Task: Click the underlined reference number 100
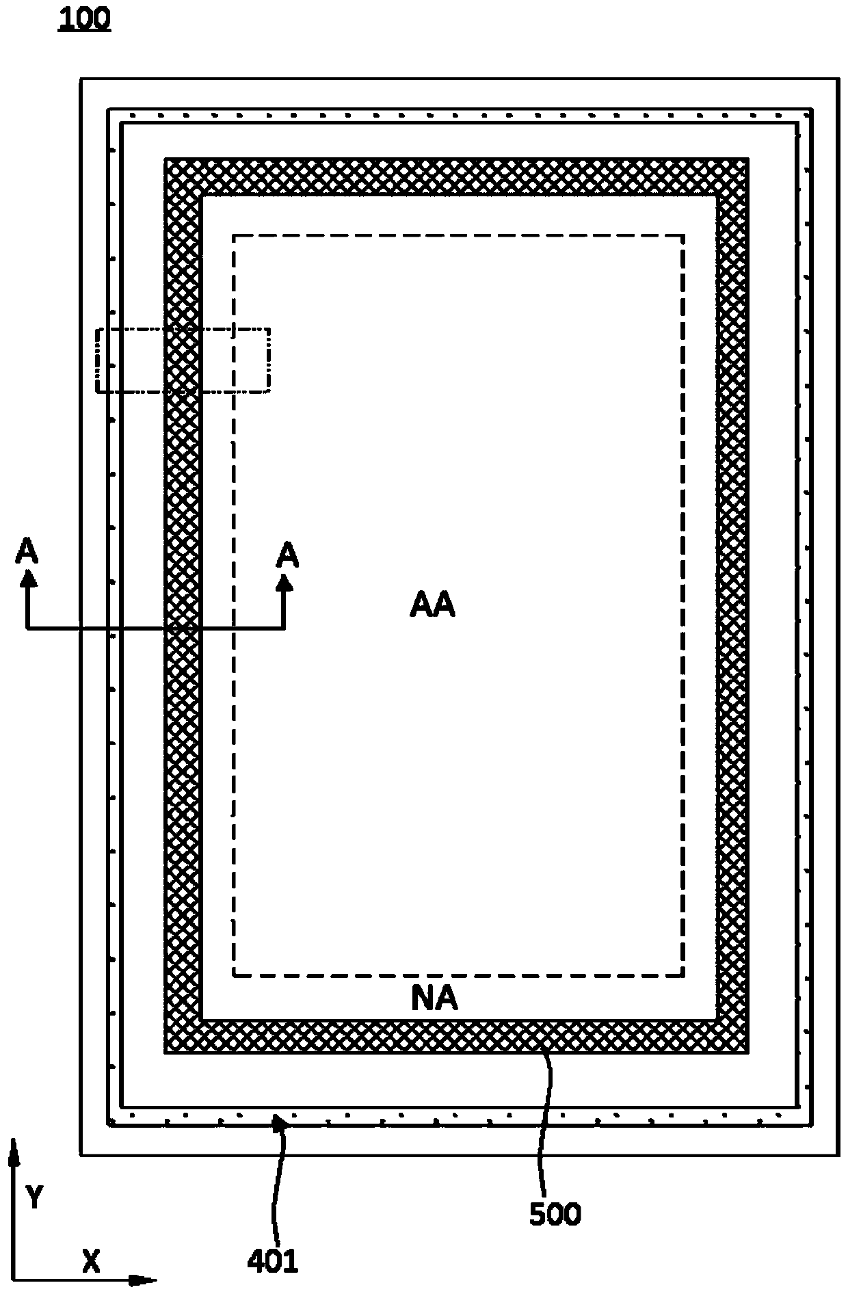pos(84,19)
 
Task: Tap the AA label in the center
pos(432,605)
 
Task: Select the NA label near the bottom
pos(434,999)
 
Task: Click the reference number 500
pos(555,1214)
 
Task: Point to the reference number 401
pos(273,1260)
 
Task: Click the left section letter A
pos(27,551)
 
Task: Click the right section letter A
pos(287,556)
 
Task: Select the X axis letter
pos(91,1260)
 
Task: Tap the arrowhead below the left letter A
pos(27,579)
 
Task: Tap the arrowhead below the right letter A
pos(284,582)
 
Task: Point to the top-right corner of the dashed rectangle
pos(683,237)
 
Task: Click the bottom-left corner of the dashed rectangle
pos(235,975)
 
